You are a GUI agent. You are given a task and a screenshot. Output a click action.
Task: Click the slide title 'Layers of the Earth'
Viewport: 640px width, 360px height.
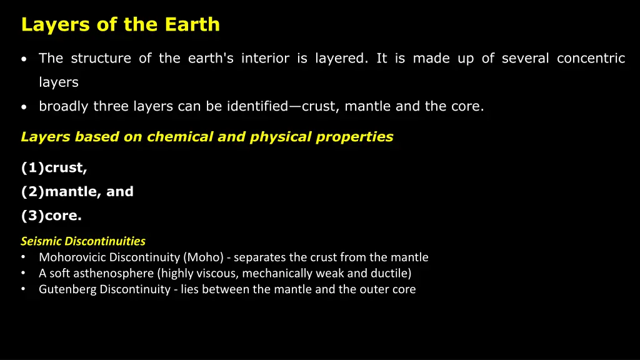(120, 24)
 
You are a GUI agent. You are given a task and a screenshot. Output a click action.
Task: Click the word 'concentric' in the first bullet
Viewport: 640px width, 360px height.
(591, 59)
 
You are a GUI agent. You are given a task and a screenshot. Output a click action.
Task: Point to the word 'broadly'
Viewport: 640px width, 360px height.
(64, 106)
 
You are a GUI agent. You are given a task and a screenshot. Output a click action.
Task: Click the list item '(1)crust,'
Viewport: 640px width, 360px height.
(54, 168)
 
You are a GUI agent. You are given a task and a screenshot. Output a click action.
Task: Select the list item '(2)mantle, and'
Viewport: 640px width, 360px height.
(77, 192)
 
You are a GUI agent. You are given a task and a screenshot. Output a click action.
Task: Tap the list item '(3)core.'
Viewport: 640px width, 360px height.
(51, 216)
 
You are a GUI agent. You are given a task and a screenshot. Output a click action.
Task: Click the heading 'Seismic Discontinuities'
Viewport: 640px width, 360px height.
(83, 241)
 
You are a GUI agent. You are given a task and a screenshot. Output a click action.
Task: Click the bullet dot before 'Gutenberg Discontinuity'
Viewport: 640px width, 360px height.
(23, 289)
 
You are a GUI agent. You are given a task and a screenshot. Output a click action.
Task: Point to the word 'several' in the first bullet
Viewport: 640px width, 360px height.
(525, 59)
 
